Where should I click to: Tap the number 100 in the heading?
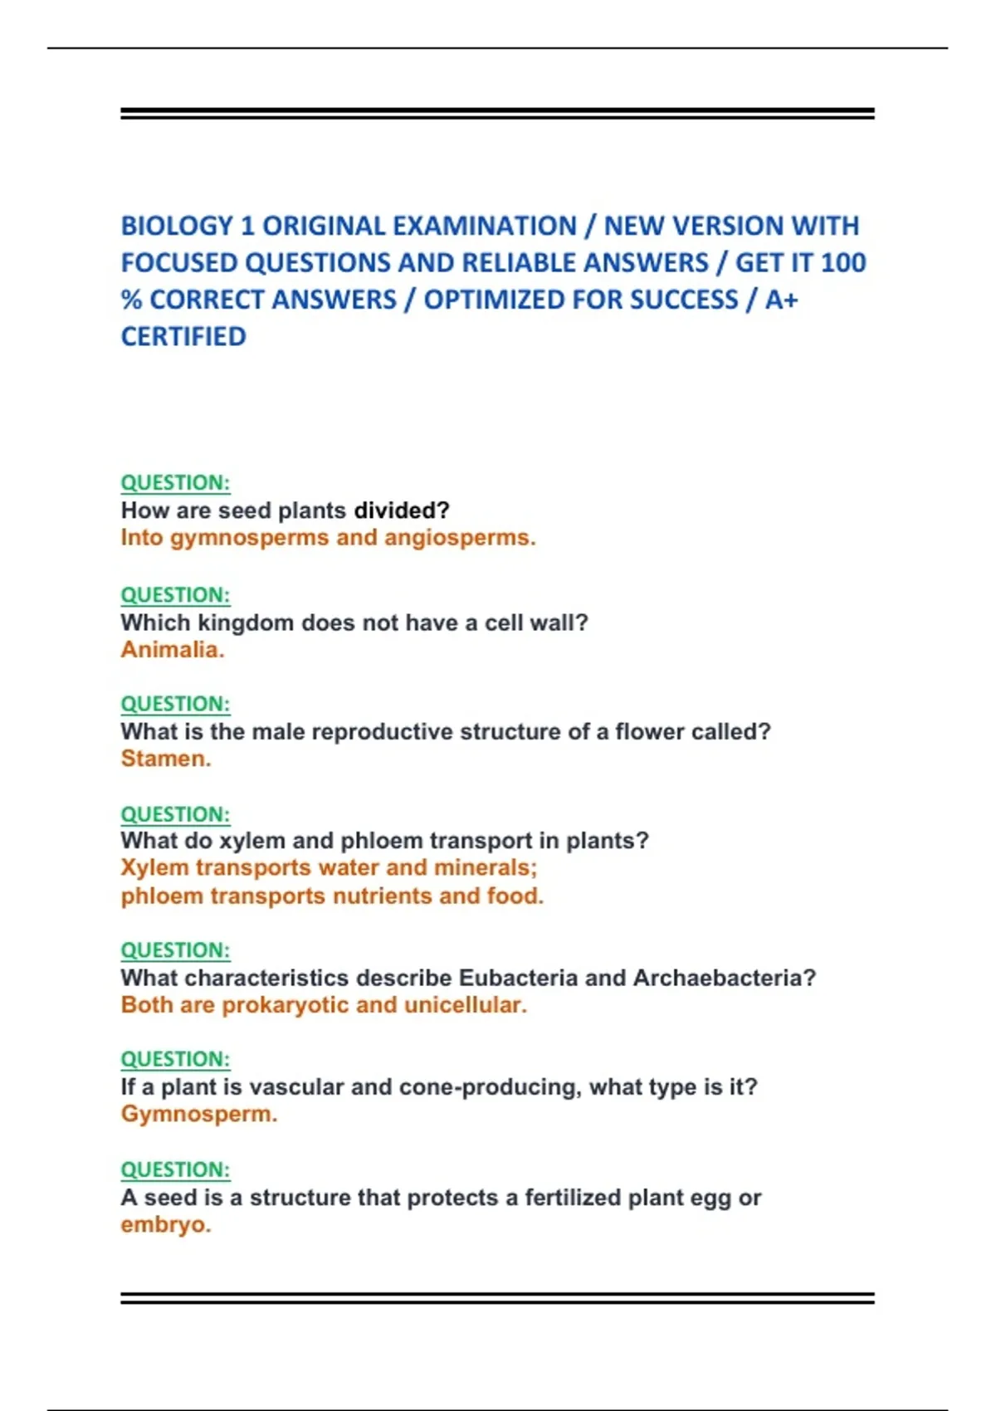point(842,262)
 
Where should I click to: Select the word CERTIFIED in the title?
point(183,336)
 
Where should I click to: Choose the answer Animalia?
point(173,649)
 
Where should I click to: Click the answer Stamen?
point(166,759)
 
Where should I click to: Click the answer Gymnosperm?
point(199,1114)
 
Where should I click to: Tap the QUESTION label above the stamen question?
point(175,704)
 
